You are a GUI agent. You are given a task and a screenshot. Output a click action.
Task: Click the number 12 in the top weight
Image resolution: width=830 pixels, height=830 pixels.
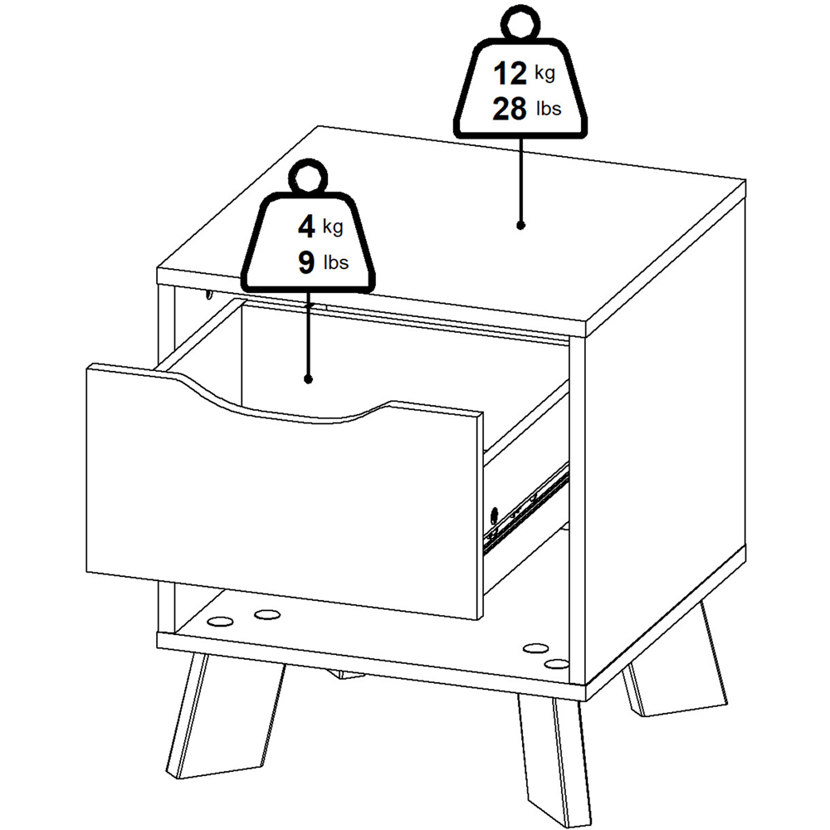pyautogui.click(x=510, y=73)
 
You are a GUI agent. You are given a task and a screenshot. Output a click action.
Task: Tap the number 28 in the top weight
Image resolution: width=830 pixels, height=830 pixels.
pyautogui.click(x=510, y=109)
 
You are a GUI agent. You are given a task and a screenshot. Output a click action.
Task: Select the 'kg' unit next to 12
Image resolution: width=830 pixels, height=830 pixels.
pyautogui.click(x=544, y=73)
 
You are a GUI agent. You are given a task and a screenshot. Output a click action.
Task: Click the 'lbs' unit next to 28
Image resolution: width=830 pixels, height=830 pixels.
pyautogui.click(x=549, y=109)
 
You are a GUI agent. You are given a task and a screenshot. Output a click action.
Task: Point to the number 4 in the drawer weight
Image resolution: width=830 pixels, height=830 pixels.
pyautogui.click(x=306, y=227)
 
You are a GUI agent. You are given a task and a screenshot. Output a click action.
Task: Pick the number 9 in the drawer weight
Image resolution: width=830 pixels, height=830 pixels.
pyautogui.click(x=306, y=262)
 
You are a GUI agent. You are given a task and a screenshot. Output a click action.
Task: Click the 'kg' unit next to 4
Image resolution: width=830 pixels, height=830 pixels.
pyautogui.click(x=333, y=227)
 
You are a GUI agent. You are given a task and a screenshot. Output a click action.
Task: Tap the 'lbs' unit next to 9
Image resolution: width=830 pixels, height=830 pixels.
pyautogui.click(x=336, y=262)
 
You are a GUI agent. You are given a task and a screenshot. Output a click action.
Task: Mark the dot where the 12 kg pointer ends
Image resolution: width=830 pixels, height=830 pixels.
pyautogui.click(x=521, y=226)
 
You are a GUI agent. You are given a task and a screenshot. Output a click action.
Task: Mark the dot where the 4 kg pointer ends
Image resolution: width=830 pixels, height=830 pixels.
pyautogui.click(x=309, y=379)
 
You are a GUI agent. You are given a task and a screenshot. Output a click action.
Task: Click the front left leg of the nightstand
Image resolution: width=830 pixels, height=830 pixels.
pyautogui.click(x=224, y=715)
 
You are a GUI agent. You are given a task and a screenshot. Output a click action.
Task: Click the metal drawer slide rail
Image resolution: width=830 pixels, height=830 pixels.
pyautogui.click(x=527, y=508)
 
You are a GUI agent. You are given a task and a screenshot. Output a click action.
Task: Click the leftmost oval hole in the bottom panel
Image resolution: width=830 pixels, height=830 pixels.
pyautogui.click(x=222, y=620)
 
